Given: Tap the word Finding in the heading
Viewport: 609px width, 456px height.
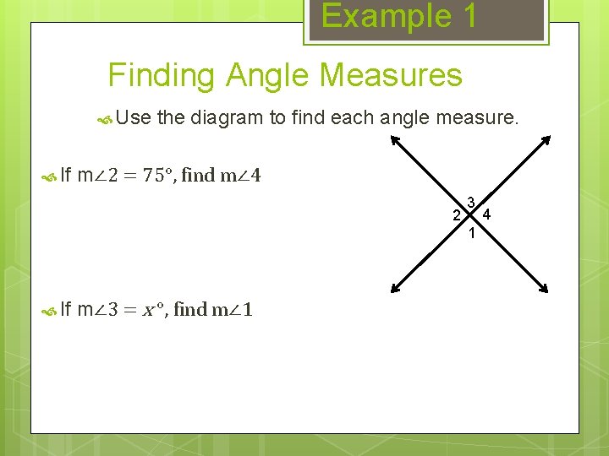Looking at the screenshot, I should click(162, 76).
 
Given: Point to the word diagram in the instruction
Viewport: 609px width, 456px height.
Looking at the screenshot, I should click(227, 117).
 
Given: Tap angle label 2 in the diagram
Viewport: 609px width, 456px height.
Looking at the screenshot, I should click(456, 215).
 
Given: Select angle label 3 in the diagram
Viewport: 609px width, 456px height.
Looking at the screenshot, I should click(471, 202).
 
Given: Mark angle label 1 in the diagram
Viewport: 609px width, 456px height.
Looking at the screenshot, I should click(472, 233).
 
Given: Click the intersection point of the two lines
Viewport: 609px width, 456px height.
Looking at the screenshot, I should click(471, 215).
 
